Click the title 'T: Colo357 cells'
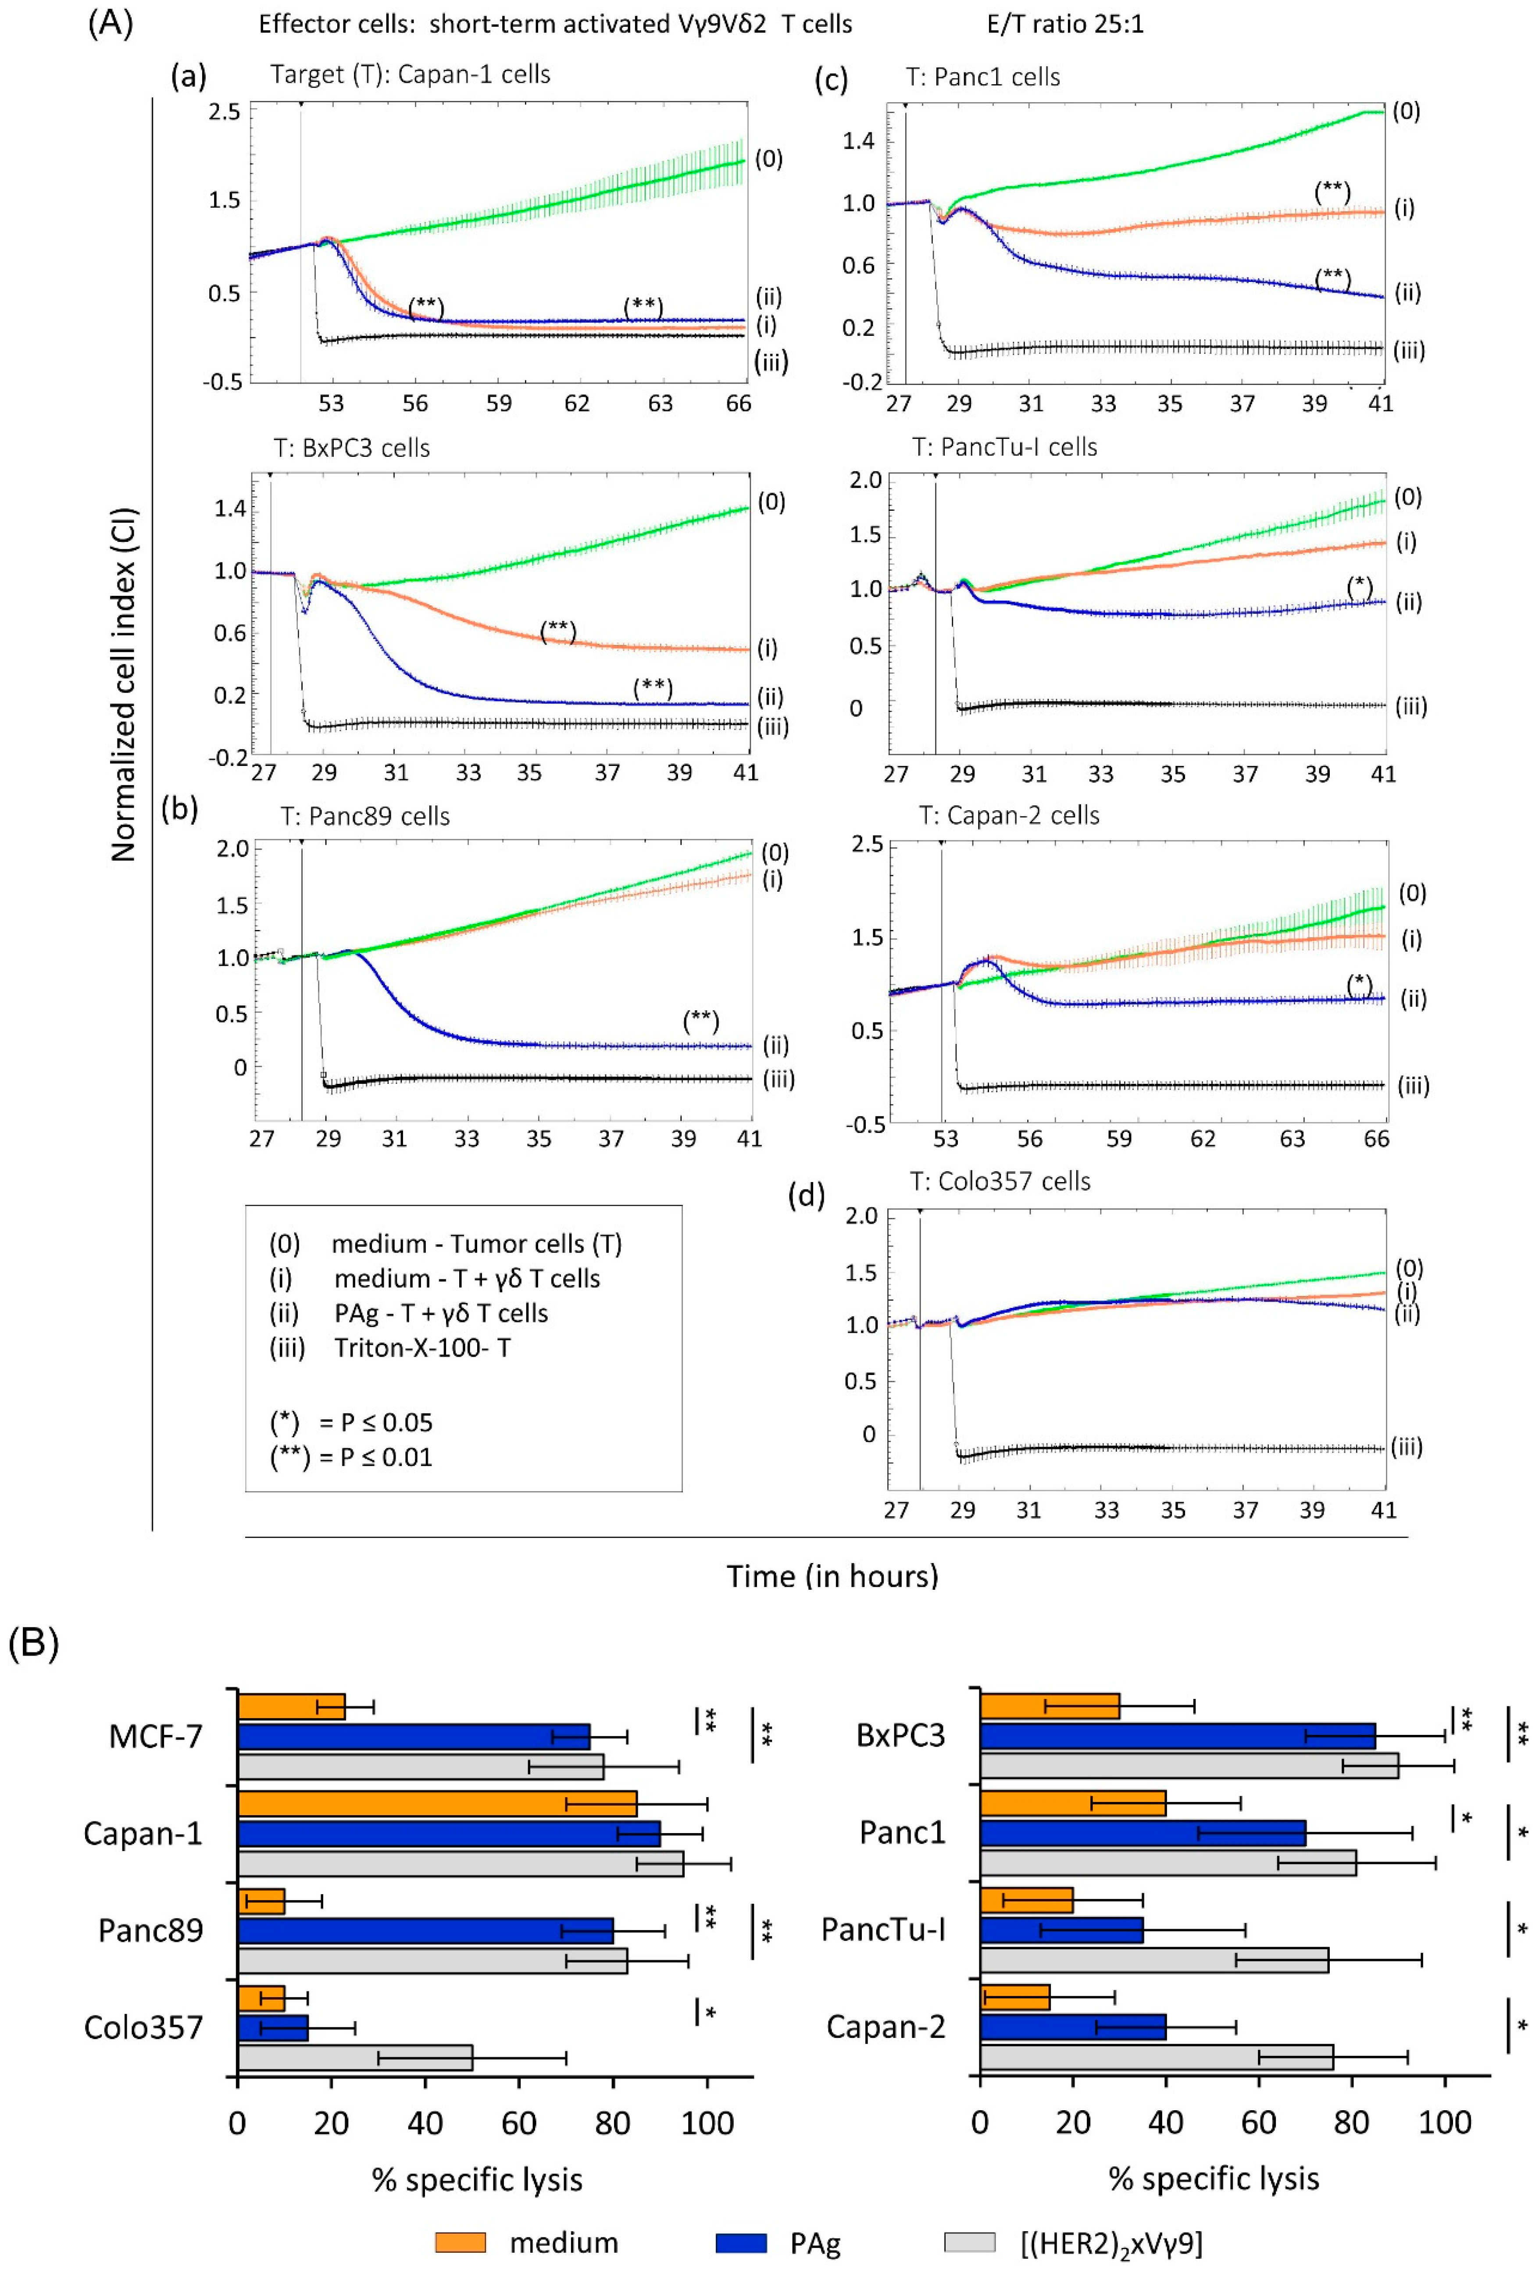[x=1000, y=1181]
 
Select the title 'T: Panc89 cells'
[x=365, y=816]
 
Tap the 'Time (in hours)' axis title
[x=832, y=1576]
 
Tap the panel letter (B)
[x=33, y=1642]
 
